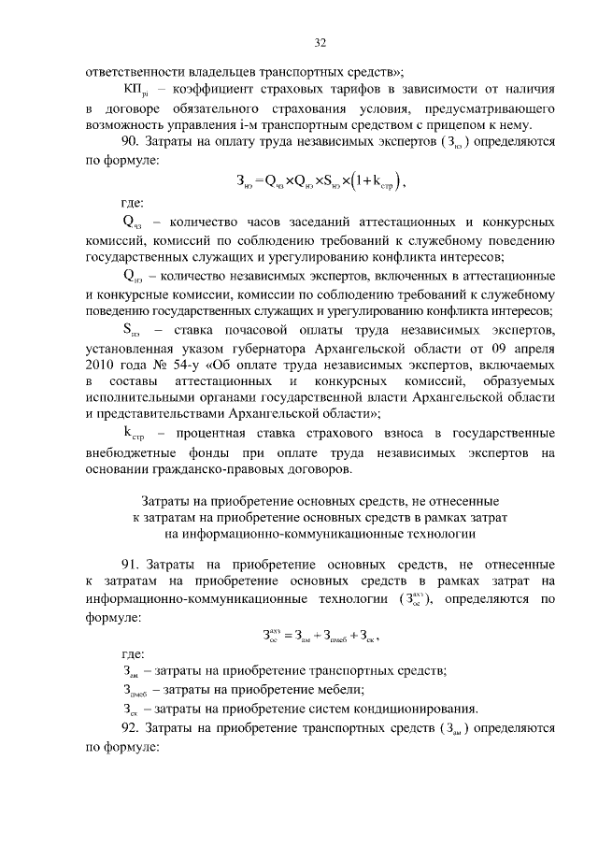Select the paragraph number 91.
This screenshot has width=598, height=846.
(x=131, y=566)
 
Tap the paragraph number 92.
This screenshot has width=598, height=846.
(x=131, y=728)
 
